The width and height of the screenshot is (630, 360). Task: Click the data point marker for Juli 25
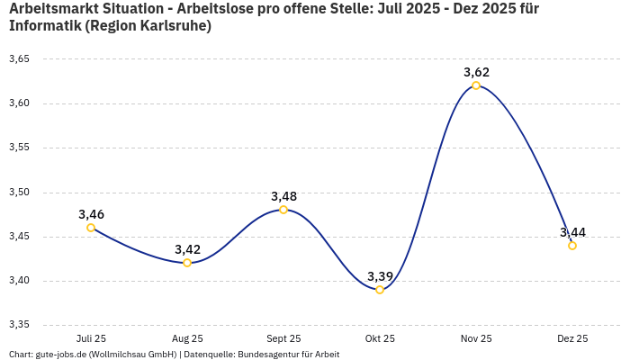(91, 228)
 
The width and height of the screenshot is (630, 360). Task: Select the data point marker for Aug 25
(187, 263)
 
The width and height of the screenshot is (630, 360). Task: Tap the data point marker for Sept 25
(283, 210)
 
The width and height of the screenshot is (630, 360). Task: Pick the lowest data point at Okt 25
(380, 290)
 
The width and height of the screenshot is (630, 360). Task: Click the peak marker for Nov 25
(476, 85)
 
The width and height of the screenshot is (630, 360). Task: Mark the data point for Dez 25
(572, 246)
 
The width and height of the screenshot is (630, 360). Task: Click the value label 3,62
(476, 72)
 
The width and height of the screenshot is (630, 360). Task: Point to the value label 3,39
(380, 276)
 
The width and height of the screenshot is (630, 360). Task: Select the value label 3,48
(283, 196)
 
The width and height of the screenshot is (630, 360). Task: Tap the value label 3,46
(91, 214)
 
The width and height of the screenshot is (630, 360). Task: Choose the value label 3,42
(187, 249)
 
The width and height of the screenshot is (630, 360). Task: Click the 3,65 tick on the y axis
(19, 59)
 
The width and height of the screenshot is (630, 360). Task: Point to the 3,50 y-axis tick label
(19, 193)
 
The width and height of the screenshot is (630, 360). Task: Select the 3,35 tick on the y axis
(19, 325)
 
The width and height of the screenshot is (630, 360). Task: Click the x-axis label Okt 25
(380, 339)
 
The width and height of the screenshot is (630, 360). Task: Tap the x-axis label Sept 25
(283, 339)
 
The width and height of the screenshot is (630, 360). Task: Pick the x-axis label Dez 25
(572, 339)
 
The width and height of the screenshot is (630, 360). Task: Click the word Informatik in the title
(44, 26)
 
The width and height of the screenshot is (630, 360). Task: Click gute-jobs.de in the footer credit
(60, 355)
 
